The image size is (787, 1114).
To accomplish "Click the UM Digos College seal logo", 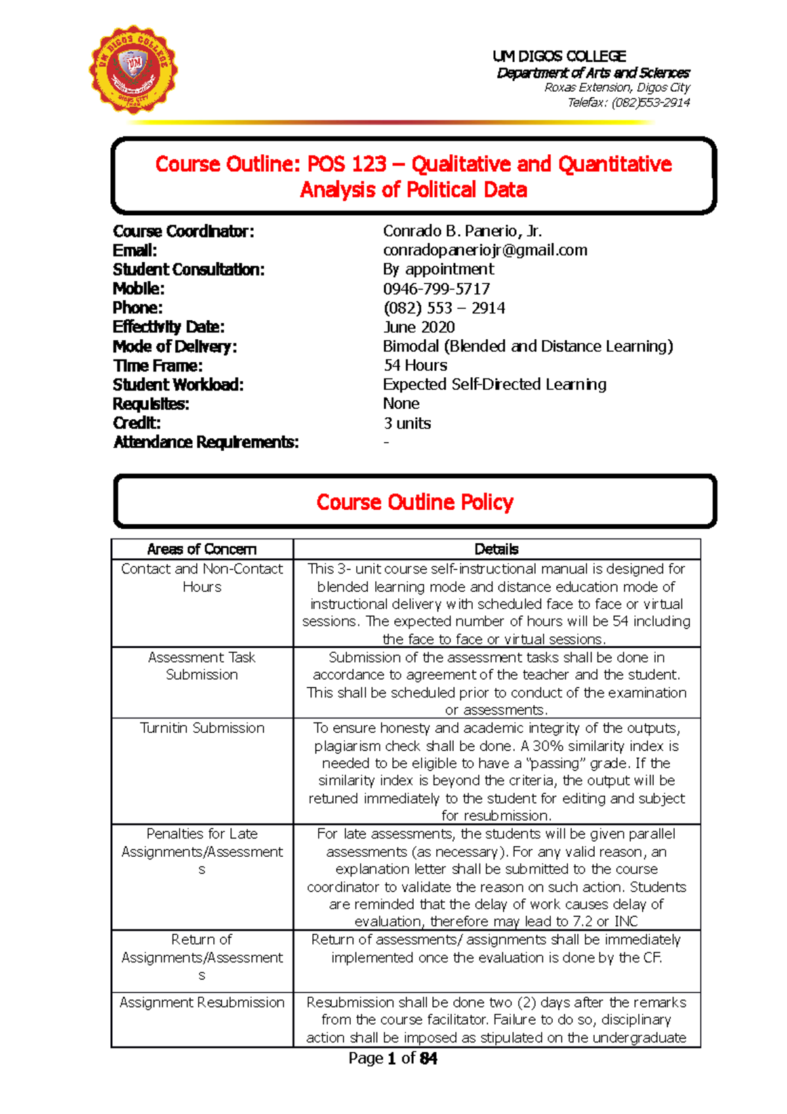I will (133, 69).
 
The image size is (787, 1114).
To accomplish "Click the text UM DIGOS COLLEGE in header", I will (559, 56).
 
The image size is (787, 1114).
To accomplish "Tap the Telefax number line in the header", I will (628, 102).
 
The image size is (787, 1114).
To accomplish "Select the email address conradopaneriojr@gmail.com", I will (485, 250).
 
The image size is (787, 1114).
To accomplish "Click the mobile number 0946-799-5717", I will (436, 289).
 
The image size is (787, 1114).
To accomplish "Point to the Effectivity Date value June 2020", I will (418, 327).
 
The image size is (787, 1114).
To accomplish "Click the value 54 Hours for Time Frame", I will (415, 365).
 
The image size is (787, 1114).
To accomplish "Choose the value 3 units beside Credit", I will (407, 423).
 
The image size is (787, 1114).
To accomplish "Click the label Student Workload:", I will (178, 385).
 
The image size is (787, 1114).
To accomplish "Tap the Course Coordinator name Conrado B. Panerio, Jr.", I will (462, 231).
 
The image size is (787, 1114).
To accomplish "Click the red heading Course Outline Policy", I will (414, 502).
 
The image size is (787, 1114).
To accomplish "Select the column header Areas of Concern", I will (201, 549).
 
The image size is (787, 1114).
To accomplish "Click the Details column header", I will (496, 549).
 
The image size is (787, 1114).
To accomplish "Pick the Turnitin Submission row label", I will (202, 728).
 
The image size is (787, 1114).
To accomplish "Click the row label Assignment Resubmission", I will (202, 1002).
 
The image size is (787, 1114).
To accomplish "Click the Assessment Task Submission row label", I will (202, 666).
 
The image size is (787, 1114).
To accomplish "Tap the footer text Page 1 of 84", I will (393, 1058).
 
